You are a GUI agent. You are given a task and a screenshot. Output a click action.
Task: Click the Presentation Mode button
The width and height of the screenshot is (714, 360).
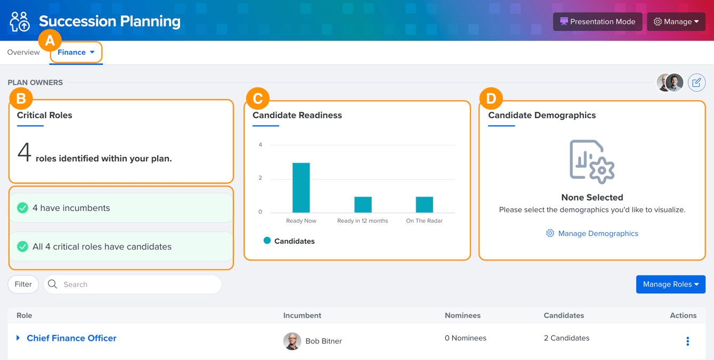(598, 22)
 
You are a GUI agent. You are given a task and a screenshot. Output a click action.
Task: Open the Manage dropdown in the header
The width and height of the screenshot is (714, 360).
(676, 22)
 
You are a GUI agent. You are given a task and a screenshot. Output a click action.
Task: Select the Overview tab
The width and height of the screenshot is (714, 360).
(23, 52)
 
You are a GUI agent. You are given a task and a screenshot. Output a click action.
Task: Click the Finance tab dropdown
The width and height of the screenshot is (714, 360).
(76, 52)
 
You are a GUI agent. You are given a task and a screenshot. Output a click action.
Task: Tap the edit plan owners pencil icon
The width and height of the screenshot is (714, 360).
(696, 83)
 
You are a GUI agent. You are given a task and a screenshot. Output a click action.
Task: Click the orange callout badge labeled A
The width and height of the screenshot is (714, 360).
(50, 41)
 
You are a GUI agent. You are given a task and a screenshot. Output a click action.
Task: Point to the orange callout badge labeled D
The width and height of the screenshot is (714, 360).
(491, 99)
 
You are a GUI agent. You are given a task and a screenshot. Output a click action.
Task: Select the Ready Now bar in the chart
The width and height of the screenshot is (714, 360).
(301, 187)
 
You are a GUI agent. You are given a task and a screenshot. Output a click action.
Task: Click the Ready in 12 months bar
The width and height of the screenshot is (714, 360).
(363, 204)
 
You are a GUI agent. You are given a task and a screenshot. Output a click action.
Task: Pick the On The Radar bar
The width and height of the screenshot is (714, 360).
(424, 204)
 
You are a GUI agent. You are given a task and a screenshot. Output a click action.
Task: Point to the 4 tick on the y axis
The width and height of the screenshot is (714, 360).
(261, 145)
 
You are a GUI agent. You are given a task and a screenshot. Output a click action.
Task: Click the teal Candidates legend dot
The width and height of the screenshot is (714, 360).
(267, 241)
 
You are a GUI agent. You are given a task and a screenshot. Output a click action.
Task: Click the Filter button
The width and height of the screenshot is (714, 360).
(23, 284)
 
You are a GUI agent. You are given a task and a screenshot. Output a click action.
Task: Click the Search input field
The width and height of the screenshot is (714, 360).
(133, 284)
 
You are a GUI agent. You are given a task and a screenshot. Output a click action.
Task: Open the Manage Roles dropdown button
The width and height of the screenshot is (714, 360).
(671, 284)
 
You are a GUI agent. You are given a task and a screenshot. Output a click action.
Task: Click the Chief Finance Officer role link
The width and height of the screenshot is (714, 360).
(71, 338)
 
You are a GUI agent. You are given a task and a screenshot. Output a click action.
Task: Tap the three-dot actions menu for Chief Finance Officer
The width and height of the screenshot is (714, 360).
(687, 341)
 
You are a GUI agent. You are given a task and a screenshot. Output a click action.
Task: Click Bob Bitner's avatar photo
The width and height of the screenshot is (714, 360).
(292, 341)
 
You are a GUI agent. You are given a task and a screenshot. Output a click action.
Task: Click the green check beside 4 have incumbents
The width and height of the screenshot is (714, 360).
(22, 208)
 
